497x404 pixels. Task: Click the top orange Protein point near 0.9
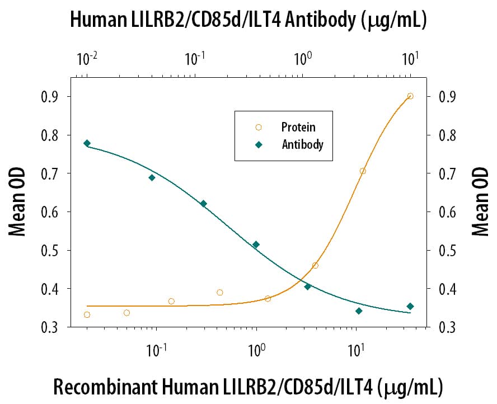point(410,96)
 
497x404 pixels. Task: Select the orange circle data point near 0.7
point(363,171)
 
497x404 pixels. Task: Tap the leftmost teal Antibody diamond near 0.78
point(87,143)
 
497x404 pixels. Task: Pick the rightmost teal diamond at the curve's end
point(410,306)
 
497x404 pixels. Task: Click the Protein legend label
point(298,128)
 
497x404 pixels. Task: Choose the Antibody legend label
point(302,144)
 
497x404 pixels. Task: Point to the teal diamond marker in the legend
point(259,144)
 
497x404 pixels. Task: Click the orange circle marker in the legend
point(259,128)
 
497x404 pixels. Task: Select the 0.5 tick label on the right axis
point(440,250)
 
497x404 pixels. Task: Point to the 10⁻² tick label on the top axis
point(87,58)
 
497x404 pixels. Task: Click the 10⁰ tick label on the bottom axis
point(256,353)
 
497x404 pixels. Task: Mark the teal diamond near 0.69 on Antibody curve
point(152,177)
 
